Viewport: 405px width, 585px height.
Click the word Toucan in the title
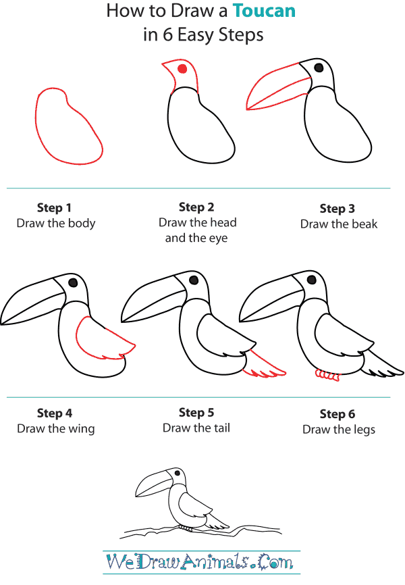[x=265, y=11]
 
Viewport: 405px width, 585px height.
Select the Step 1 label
[x=54, y=208]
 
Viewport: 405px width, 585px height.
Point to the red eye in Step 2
[x=182, y=69]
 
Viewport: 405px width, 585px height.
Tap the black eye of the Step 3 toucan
[x=319, y=68]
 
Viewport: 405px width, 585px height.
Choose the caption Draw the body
[x=56, y=223]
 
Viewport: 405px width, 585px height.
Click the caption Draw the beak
[x=339, y=224]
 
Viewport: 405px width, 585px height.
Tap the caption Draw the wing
[x=56, y=428]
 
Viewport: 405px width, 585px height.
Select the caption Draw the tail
[x=196, y=428]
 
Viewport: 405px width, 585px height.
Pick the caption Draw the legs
[x=339, y=429]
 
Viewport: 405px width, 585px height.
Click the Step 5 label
[x=196, y=412]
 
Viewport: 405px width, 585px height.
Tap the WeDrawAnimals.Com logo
[x=200, y=561]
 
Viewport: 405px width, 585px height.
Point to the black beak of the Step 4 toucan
[x=30, y=301]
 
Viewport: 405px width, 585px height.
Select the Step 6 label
[x=337, y=413]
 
